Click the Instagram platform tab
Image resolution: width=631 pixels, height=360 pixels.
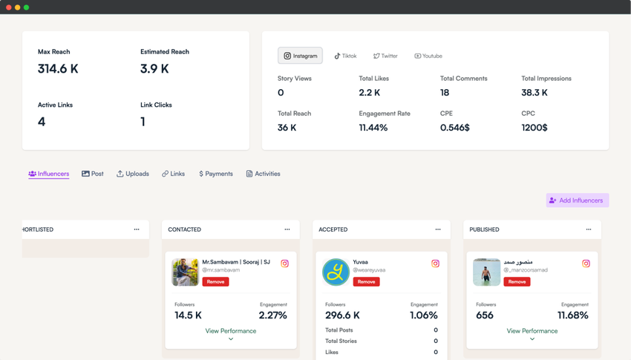coord(300,56)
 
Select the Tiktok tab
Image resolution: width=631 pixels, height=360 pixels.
coord(345,56)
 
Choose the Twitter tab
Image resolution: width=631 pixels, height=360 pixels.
coord(385,56)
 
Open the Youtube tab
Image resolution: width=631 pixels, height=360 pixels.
coord(428,56)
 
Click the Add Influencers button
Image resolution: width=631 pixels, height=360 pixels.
coord(577,200)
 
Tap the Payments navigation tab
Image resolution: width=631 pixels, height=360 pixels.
coord(215,174)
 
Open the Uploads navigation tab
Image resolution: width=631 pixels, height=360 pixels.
coord(133,174)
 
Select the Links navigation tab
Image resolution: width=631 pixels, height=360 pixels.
coord(174,174)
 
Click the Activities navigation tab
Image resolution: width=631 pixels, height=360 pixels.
coord(264,174)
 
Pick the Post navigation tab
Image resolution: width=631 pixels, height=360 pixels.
coord(93,174)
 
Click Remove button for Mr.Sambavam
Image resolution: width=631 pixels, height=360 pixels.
coord(215,282)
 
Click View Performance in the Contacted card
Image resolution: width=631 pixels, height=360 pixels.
coord(231,331)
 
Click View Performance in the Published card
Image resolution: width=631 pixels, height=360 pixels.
coord(532,331)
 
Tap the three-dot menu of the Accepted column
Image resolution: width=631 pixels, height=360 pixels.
coord(438,229)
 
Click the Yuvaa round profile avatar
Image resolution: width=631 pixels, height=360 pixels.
coord(336,272)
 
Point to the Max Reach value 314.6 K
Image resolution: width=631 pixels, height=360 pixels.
coord(58,69)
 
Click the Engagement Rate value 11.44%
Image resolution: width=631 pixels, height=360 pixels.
coord(373,128)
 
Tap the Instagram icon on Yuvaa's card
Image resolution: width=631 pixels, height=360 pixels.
coord(435,264)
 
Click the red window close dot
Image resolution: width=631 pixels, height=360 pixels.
coord(9,7)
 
